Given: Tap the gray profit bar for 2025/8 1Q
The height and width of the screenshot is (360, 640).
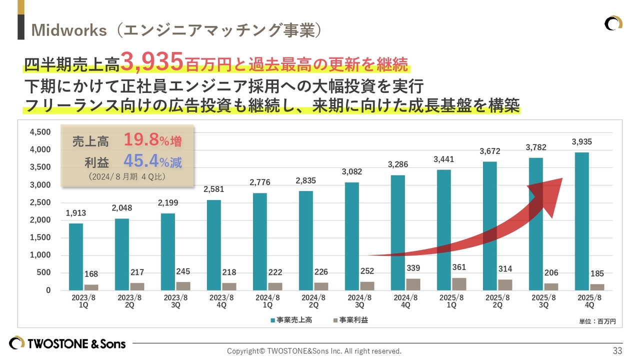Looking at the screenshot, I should [459, 284].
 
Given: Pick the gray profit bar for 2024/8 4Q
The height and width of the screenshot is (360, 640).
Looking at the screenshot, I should [413, 284].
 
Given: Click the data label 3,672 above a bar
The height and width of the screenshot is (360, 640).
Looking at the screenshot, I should [489, 151].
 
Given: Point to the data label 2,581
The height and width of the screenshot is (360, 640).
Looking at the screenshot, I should [213, 189].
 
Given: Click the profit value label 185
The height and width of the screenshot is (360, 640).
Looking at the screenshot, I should [597, 273].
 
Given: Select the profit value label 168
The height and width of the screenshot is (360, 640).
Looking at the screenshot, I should [91, 274].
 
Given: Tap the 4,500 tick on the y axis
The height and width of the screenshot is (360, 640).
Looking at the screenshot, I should [40, 132].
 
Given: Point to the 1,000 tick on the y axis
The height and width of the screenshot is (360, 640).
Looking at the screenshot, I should [40, 255].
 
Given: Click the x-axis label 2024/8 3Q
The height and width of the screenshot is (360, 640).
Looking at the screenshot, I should [359, 301].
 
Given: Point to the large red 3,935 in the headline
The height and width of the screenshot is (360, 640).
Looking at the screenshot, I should [152, 62].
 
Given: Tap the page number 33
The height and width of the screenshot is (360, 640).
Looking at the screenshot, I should [617, 350].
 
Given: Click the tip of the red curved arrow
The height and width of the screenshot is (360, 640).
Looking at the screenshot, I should [562, 179].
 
